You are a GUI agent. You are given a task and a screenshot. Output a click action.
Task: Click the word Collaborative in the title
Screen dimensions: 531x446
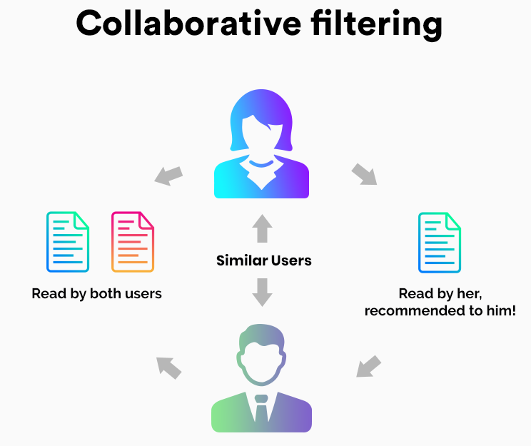tap(179, 24)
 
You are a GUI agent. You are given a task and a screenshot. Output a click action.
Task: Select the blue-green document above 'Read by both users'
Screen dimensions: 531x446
tap(68, 242)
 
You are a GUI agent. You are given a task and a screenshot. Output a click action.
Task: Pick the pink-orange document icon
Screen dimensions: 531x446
tap(133, 242)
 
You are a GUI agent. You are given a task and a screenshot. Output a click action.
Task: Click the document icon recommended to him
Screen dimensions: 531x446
tap(440, 243)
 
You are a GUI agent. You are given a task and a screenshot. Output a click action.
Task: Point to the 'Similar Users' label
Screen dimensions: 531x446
tap(264, 260)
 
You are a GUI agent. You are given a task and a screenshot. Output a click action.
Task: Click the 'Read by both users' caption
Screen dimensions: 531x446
tap(97, 293)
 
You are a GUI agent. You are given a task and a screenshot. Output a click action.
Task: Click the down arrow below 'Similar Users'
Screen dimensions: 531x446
tap(263, 292)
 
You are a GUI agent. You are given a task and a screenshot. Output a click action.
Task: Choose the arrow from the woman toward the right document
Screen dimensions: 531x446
tap(364, 175)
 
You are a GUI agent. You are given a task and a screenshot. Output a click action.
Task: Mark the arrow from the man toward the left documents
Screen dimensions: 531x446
tap(169, 367)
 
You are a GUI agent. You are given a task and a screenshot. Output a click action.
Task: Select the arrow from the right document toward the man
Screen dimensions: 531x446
tap(368, 367)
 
